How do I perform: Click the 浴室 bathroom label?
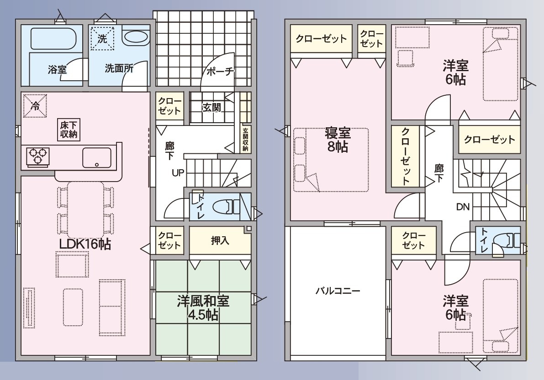pos(57,69)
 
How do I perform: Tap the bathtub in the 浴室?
pos(53,39)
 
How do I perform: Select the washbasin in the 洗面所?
pos(136,38)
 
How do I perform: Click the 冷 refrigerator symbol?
pos(35,106)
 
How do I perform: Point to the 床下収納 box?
pos(69,130)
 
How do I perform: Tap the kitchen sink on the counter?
pos(97,158)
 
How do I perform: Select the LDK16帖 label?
pos(85,244)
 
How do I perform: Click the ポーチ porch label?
pos(220,72)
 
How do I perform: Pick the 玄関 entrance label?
pos(211,107)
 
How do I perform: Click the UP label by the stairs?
pos(178,172)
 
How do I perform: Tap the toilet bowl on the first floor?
pos(224,207)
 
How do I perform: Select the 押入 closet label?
pos(220,240)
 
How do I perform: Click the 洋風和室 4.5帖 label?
pos(203,307)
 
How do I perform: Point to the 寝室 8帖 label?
pos(338,141)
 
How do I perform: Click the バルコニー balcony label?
pos(338,291)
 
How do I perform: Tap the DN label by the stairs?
pos(463,207)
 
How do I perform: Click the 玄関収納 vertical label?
pos(246,140)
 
